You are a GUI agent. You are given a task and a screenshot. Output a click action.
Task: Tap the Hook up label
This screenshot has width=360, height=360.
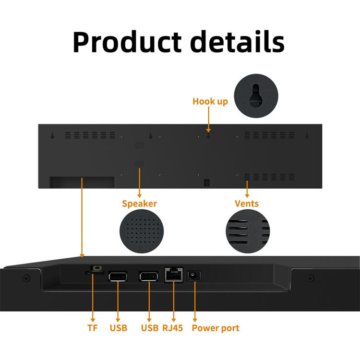pyautogui.click(x=210, y=101)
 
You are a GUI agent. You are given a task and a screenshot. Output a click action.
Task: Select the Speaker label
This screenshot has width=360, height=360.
pyautogui.click(x=139, y=204)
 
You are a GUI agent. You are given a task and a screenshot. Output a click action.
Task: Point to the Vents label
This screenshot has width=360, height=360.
pyautogui.click(x=247, y=204)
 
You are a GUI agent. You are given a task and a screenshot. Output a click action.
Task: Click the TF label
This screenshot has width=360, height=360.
pyautogui.click(x=92, y=328)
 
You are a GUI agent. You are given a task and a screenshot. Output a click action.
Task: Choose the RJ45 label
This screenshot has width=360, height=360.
pyautogui.click(x=173, y=328)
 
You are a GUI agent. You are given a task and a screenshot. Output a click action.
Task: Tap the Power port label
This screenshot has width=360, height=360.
pyautogui.click(x=216, y=328)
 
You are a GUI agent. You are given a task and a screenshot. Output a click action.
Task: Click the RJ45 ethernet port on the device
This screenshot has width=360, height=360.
pyautogui.click(x=173, y=275)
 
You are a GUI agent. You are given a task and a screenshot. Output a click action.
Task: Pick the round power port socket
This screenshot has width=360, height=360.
pyautogui.click(x=194, y=276)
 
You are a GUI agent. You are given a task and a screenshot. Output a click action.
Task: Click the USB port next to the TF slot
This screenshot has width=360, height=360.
pyautogui.click(x=118, y=276)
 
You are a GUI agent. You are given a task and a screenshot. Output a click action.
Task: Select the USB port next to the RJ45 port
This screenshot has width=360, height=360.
pyautogui.click(x=149, y=276)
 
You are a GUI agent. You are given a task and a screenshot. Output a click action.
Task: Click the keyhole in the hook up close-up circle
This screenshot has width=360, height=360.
pyautogui.click(x=256, y=94)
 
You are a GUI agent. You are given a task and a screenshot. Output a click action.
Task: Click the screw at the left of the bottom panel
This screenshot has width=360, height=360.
pyautogui.click(x=27, y=278)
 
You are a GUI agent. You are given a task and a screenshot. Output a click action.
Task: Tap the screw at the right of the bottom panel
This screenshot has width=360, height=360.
pyautogui.click(x=311, y=278)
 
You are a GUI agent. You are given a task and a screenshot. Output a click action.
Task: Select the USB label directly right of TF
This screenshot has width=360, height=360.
pyautogui.click(x=119, y=328)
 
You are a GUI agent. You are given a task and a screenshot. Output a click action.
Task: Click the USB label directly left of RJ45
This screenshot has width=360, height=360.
pyautogui.click(x=149, y=328)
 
